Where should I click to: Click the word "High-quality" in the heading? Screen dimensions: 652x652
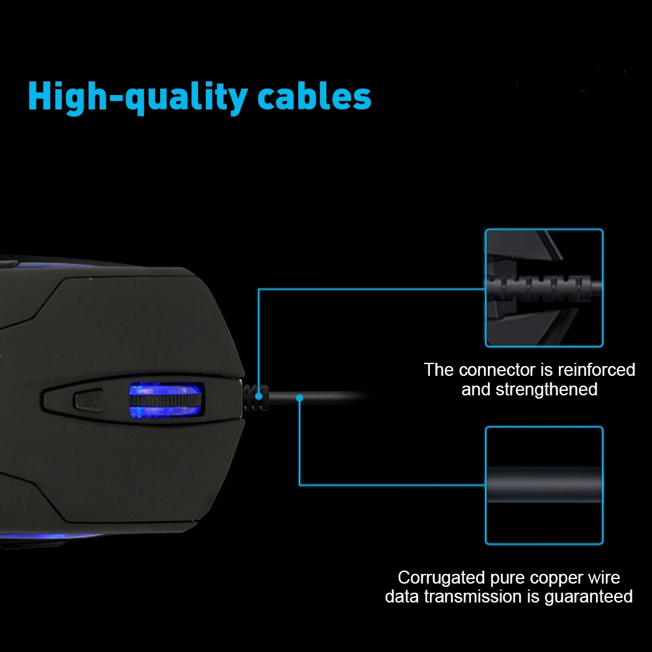coord(138,98)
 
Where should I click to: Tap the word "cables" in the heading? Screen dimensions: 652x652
coord(315,96)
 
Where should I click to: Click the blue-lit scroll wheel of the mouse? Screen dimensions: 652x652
coord(165,401)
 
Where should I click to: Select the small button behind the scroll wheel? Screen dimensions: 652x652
coord(88,401)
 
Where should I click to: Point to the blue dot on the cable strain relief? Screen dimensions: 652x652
coord(259,397)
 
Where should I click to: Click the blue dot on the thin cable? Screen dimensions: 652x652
coord(300,399)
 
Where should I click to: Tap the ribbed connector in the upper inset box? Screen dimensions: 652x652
coord(544,287)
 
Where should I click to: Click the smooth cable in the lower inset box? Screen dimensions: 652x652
coord(544,485)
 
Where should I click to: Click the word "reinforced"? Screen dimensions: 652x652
coord(596,370)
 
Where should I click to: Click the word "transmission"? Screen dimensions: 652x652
coord(473,597)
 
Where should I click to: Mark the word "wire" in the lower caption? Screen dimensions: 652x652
coord(604,578)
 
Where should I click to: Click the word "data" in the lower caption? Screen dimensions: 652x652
coord(402,597)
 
